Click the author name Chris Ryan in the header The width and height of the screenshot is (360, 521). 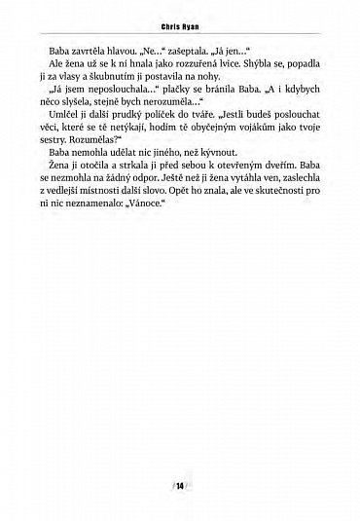(180, 30)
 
